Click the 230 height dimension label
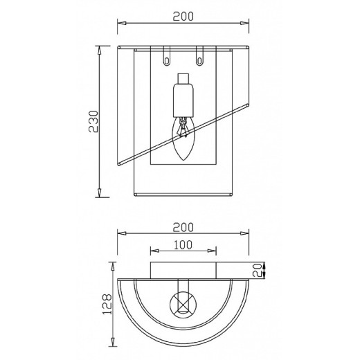coord(93,122)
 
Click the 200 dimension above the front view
coord(183,17)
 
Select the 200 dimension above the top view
coord(183,227)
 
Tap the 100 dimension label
coord(183,245)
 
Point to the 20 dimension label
coord(257,270)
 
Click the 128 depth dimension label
coord(107,304)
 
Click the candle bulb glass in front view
coord(183,138)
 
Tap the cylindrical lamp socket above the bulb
coord(183,100)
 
